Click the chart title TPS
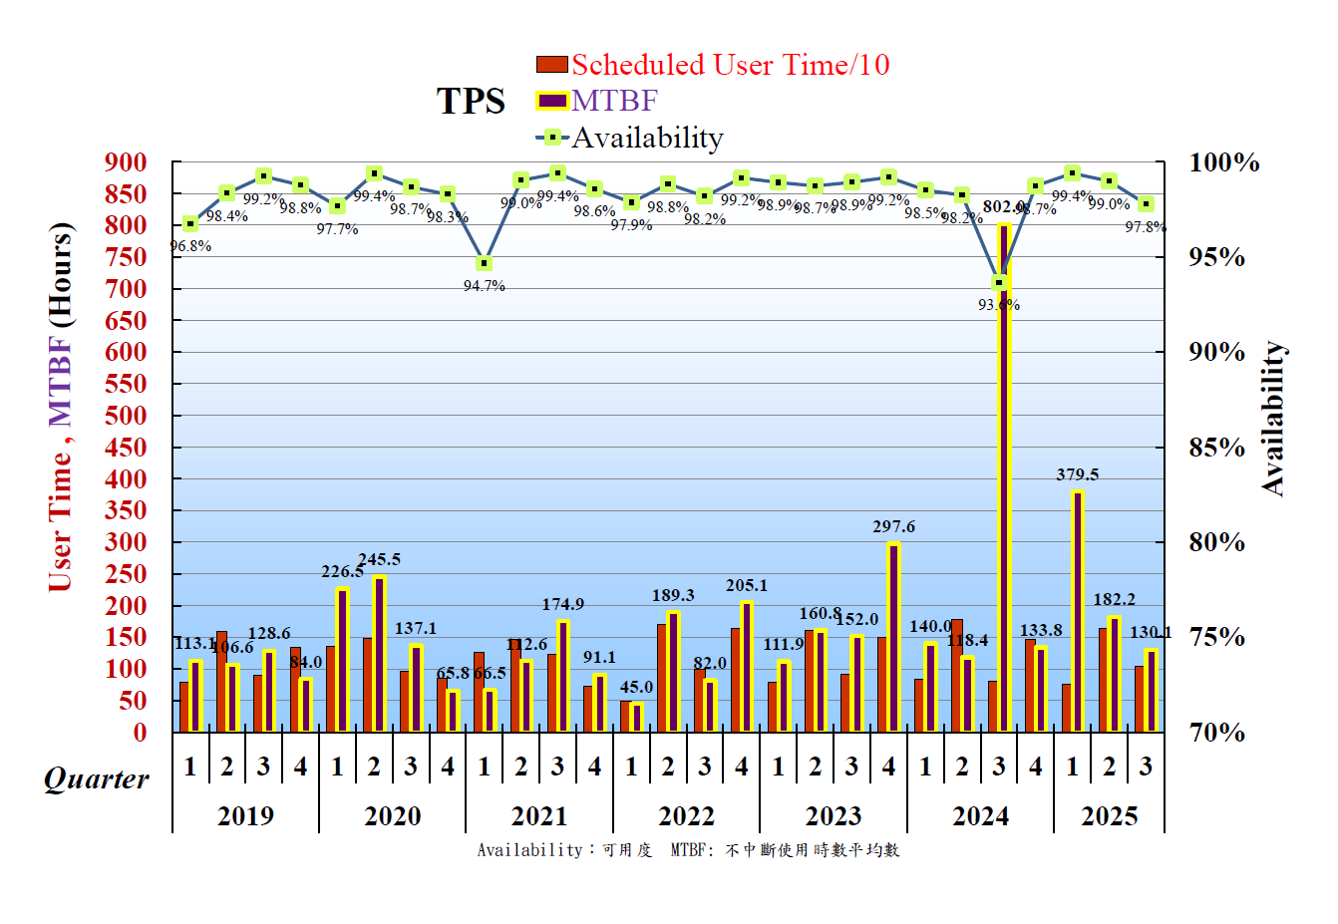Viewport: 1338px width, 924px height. (471, 102)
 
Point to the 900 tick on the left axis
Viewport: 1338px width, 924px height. (126, 162)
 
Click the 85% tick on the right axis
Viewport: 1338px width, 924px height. (1216, 448)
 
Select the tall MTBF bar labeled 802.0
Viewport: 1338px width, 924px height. (1004, 478)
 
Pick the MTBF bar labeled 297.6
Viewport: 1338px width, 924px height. (894, 638)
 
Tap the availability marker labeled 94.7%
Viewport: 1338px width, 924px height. (484, 263)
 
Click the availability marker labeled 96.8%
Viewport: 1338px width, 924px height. (190, 223)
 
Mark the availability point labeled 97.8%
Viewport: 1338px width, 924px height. (1147, 203)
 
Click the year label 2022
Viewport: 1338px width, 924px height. (686, 816)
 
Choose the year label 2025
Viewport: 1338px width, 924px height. (1109, 816)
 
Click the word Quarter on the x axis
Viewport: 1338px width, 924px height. (97, 778)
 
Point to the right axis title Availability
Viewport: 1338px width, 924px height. (1273, 419)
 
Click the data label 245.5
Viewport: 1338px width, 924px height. (380, 559)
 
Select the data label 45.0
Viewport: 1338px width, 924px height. (636, 687)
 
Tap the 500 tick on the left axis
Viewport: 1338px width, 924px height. (126, 416)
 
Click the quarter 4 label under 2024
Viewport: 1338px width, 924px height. (1036, 767)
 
